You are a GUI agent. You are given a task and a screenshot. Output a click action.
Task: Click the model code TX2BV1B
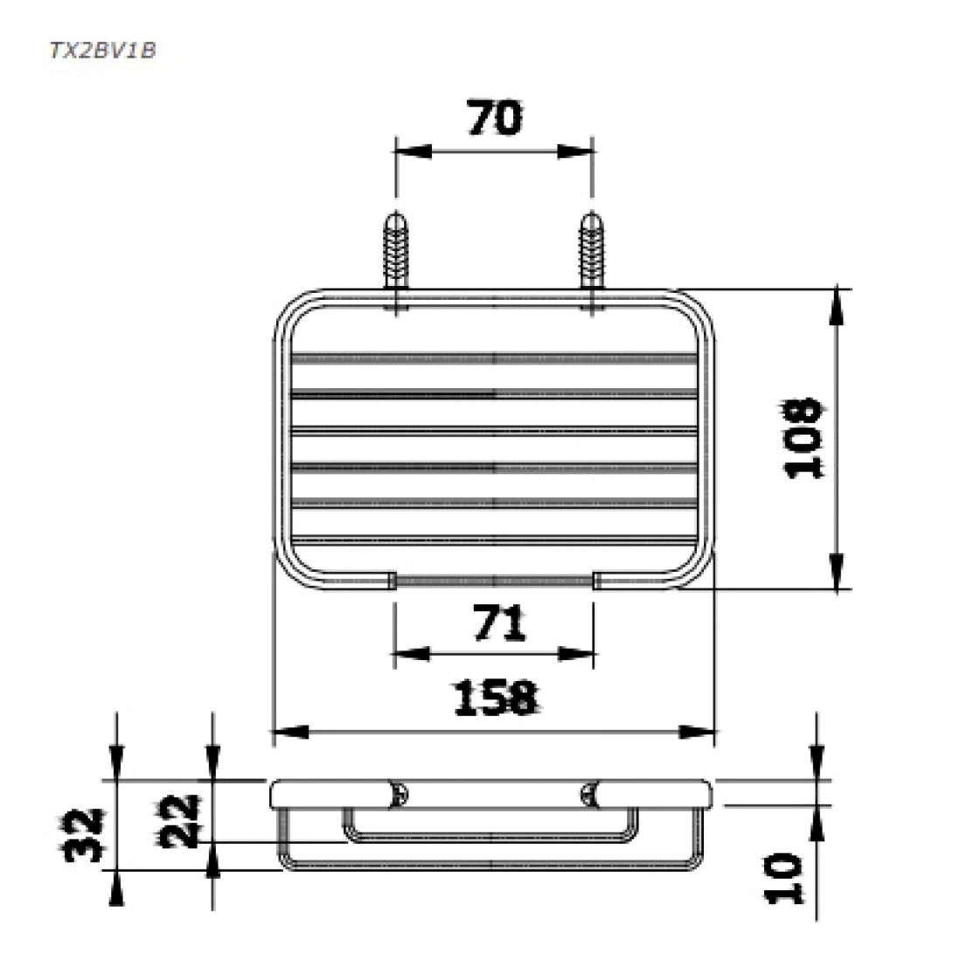click(x=102, y=50)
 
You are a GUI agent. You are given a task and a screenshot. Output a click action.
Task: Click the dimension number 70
click(x=495, y=118)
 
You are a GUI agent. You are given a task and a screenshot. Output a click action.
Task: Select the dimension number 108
click(x=803, y=438)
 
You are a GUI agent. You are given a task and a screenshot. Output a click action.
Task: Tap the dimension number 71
click(x=499, y=623)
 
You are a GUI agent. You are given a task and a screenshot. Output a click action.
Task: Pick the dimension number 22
click(x=181, y=820)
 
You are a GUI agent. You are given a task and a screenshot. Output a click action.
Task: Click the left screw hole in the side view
click(x=399, y=794)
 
